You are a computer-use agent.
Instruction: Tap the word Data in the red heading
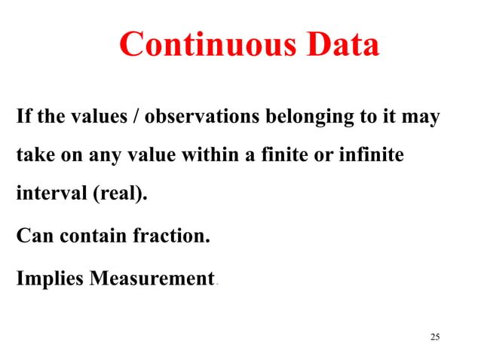339,45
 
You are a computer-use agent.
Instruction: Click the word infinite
371,155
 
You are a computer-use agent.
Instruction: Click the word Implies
50,279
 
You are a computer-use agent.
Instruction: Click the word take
33,155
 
